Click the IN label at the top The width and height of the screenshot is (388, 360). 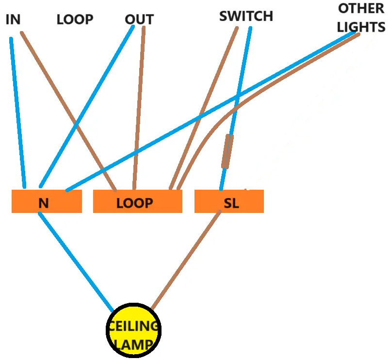click(x=13, y=19)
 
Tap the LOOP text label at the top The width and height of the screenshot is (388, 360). click(x=75, y=19)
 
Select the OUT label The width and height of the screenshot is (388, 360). click(x=139, y=19)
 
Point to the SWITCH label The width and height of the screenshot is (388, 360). click(x=246, y=16)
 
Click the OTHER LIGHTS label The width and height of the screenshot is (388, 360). click(x=361, y=17)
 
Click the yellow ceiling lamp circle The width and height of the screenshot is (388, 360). click(x=133, y=330)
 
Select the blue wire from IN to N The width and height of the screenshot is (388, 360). click(x=17, y=112)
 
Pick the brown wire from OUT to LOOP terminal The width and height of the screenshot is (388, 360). click(x=139, y=107)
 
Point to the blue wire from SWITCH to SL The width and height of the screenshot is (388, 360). click(x=242, y=78)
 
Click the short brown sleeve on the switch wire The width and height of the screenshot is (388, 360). click(x=227, y=151)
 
